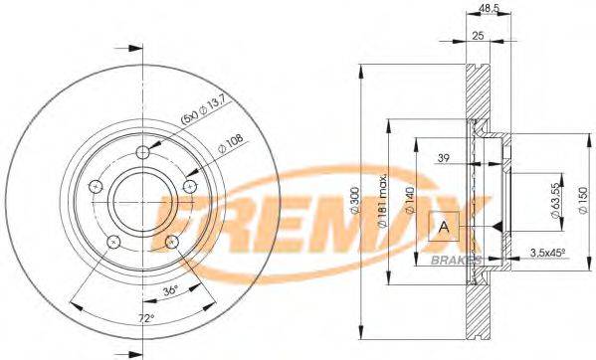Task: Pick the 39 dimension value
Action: click(444, 157)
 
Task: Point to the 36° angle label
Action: click(170, 291)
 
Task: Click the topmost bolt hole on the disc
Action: click(143, 151)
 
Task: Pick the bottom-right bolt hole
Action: click(172, 241)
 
